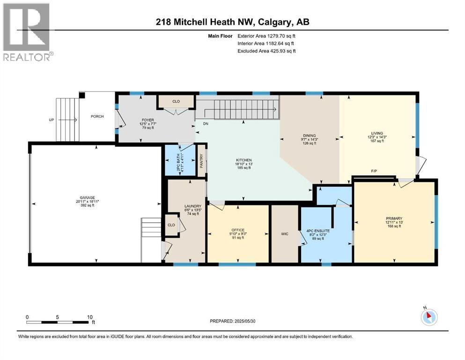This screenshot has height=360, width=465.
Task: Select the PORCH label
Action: pyautogui.click(x=97, y=116)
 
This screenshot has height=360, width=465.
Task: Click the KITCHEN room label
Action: pyautogui.click(x=244, y=160)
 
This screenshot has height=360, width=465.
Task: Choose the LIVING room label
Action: pyautogui.click(x=376, y=133)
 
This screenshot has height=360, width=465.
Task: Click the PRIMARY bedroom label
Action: pyautogui.click(x=393, y=218)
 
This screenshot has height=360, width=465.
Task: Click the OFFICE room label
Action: pyautogui.click(x=238, y=230)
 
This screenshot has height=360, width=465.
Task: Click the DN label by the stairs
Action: pyautogui.click(x=205, y=124)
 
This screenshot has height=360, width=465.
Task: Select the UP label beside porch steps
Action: pyautogui.click(x=52, y=120)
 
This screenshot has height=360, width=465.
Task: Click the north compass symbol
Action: pyautogui.click(x=428, y=317)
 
